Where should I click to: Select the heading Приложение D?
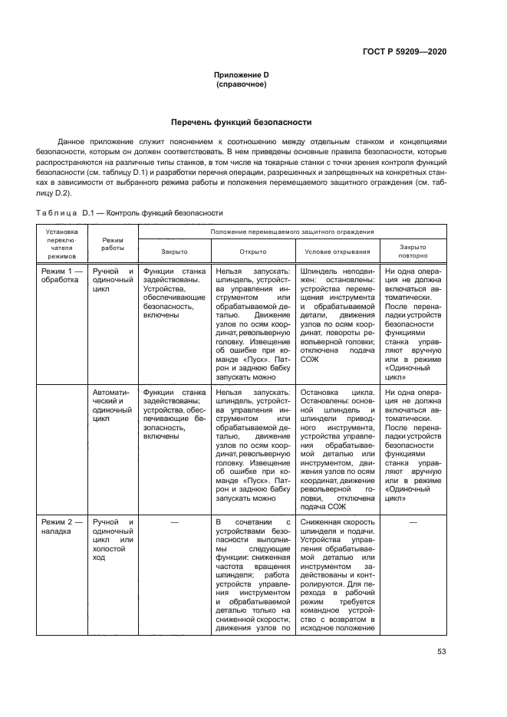click(x=241, y=74)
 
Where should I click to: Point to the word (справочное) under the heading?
click(x=242, y=84)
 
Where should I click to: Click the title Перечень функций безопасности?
click(x=241, y=122)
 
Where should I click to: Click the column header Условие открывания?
click(x=337, y=251)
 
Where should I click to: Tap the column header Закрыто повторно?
click(x=413, y=251)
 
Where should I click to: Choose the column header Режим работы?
click(x=112, y=244)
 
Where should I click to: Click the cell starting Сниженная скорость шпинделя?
click(x=337, y=575)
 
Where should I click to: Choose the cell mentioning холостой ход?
click(x=112, y=534)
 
